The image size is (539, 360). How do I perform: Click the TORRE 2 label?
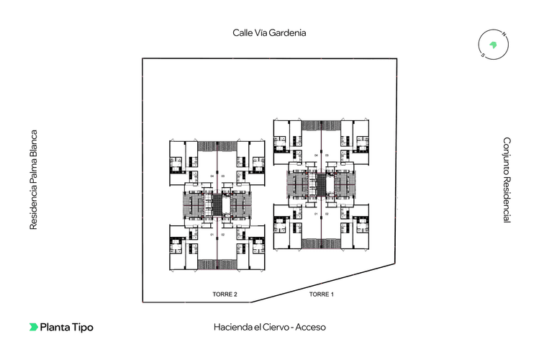225,294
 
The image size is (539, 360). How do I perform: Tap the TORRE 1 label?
322,294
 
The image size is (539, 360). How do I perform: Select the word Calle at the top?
241,32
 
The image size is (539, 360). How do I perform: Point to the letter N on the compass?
504,35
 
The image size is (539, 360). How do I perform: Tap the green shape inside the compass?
494,44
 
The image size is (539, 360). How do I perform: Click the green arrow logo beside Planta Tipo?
33,327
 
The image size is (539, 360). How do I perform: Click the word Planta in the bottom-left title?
55,327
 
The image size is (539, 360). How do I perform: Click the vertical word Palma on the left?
32,170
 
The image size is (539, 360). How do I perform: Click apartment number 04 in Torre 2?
212,176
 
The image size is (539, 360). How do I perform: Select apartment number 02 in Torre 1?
326,214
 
